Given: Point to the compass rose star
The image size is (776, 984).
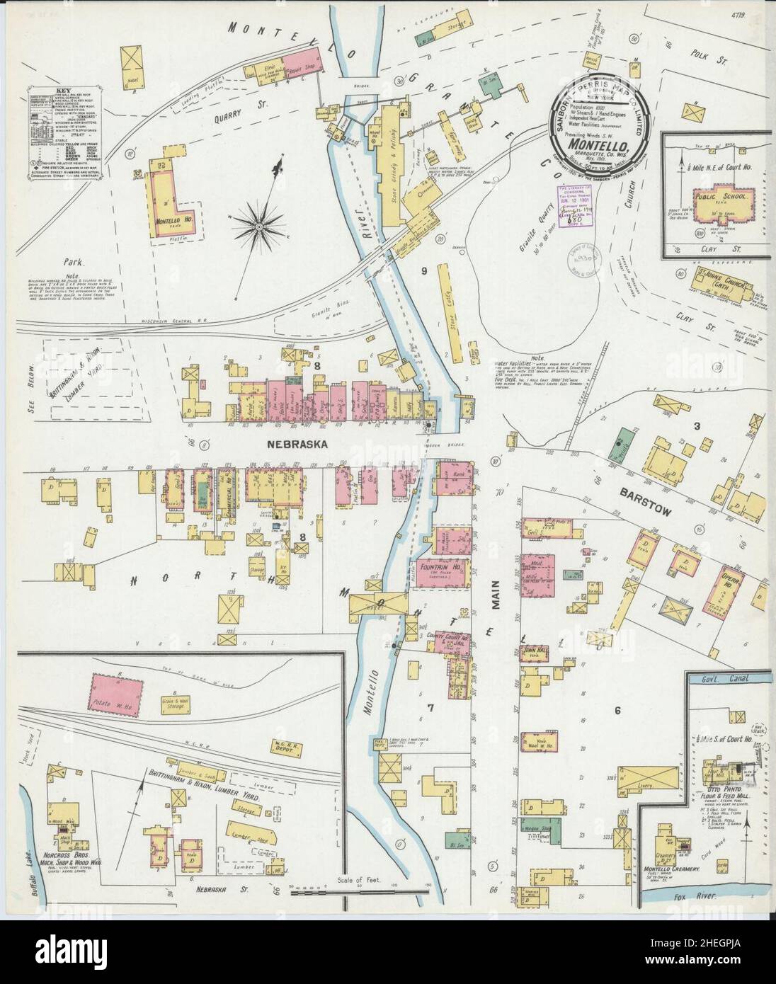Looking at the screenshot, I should [258, 226].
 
